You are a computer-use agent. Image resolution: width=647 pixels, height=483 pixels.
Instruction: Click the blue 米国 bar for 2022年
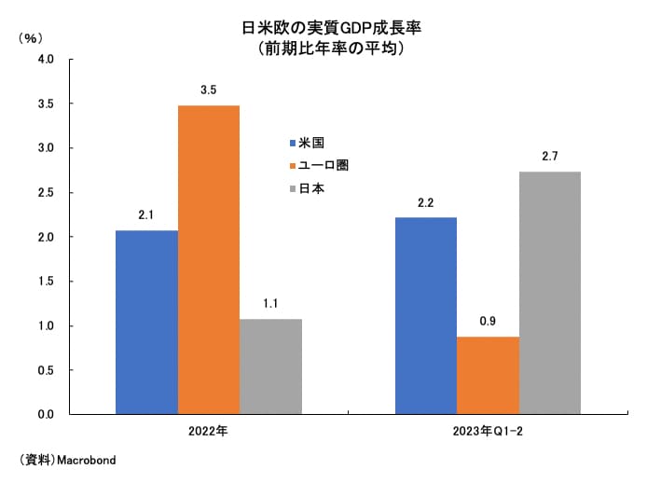point(146,322)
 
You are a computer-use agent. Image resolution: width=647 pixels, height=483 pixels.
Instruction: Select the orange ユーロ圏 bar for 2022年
point(209,259)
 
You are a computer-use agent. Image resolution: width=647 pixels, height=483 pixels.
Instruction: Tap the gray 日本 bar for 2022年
point(270,366)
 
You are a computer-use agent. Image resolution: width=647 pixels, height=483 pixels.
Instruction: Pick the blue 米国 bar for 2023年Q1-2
point(426,315)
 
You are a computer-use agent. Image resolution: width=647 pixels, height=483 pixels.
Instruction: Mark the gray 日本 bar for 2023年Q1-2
point(550,292)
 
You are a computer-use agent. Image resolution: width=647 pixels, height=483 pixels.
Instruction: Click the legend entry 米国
point(310,143)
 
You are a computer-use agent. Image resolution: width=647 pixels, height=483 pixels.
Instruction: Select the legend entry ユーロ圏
point(323,165)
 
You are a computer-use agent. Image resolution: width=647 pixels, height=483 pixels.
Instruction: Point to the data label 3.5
point(208,90)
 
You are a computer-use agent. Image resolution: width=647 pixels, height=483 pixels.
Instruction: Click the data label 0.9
point(488,322)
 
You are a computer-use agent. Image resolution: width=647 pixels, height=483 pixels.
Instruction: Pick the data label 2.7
point(550,156)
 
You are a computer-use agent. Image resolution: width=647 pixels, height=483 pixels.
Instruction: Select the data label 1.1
point(270,303)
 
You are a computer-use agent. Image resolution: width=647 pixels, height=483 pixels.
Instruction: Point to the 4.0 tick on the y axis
point(46,59)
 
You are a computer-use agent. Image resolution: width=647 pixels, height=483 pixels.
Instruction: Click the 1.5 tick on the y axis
point(46,281)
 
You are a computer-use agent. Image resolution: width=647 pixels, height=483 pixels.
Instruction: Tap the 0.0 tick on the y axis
point(46,414)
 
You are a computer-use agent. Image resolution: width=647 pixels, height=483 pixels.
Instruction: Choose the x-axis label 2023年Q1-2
point(488,432)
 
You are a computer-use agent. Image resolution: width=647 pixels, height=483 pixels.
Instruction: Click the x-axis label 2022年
point(208,432)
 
